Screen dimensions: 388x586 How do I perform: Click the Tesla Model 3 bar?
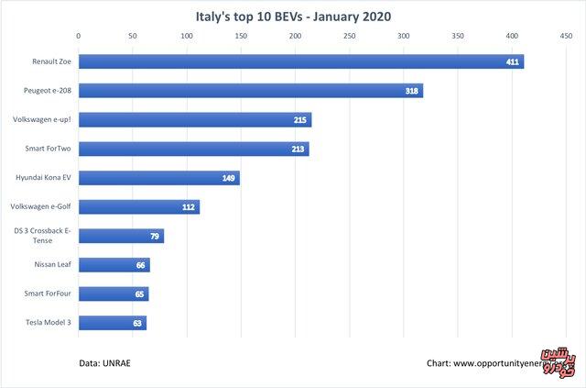112,322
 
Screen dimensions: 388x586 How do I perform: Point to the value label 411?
513,61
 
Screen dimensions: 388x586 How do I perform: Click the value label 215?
299,120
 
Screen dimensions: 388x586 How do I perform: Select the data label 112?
189,207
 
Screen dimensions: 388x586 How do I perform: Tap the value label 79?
155,236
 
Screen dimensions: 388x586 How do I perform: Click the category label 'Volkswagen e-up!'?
43,119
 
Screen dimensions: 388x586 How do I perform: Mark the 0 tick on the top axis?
79,37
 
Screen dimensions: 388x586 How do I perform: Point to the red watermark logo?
559,360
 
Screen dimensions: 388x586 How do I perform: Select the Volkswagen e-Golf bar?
139,207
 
